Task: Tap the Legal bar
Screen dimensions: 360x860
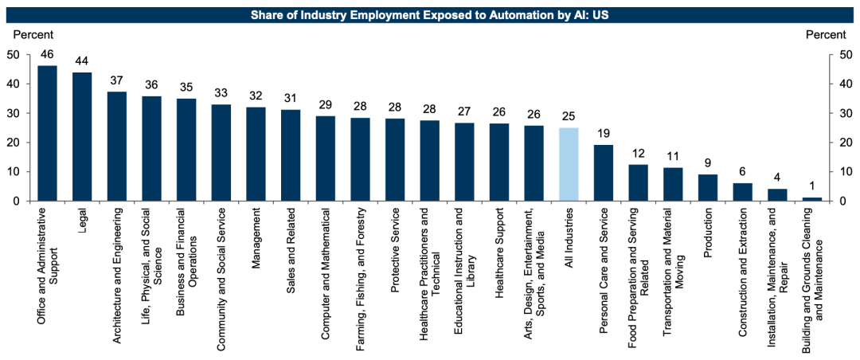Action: point(82,136)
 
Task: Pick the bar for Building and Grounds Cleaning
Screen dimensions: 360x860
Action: point(812,199)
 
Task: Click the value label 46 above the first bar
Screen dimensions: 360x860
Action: point(47,54)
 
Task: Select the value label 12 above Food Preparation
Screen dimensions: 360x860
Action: point(639,154)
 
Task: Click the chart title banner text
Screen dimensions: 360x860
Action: point(430,14)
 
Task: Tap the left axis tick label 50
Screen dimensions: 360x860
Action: point(13,55)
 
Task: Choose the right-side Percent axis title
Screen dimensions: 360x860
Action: point(826,34)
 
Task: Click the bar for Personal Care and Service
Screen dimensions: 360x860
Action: point(604,173)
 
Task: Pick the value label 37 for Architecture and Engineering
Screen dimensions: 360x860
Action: point(117,80)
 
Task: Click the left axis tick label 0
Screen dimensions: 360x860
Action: point(16,201)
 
